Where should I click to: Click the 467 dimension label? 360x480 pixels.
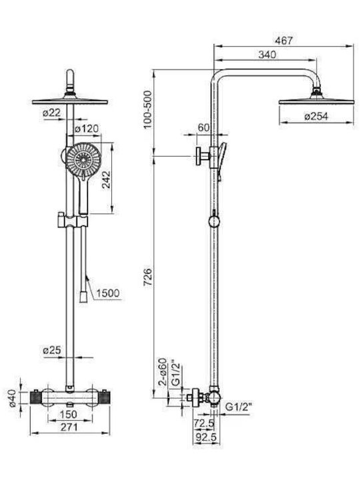tap(284, 41)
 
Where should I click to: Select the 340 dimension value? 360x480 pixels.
tap(267, 55)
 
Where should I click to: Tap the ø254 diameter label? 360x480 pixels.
tap(316, 116)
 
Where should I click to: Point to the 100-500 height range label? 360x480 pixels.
tap(148, 109)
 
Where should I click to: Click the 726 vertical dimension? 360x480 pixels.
tap(148, 277)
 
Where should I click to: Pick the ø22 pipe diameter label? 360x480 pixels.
tap(52, 113)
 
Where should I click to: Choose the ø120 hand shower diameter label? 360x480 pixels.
tap(87, 129)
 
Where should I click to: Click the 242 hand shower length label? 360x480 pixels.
tap(106, 180)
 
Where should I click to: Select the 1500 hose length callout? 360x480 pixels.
tap(108, 293)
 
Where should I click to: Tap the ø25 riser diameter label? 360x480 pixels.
tap(52, 350)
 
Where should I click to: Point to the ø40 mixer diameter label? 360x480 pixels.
tap(13, 398)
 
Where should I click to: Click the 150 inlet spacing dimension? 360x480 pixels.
tap(68, 415)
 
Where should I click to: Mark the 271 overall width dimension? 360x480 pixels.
tap(69, 427)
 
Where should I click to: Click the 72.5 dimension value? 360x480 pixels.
tap(204, 423)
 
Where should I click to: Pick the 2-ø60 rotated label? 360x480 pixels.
tap(163, 371)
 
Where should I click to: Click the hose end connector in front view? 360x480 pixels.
tap(83, 297)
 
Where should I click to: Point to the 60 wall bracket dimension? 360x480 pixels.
tap(203, 127)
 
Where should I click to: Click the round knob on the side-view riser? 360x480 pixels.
tap(214, 221)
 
